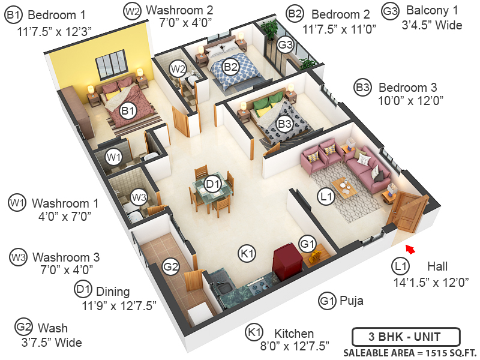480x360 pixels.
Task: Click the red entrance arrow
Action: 410,247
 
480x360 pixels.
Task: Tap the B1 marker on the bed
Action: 127,110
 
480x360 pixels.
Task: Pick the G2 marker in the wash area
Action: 172,266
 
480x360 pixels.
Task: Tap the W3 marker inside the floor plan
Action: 139,197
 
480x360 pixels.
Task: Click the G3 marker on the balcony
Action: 285,44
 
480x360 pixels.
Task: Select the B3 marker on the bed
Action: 284,124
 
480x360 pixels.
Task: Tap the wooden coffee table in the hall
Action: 344,187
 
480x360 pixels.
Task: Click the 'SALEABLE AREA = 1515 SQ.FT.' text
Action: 406,352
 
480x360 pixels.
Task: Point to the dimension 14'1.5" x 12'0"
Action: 431,281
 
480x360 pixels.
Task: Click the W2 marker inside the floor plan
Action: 178,68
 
